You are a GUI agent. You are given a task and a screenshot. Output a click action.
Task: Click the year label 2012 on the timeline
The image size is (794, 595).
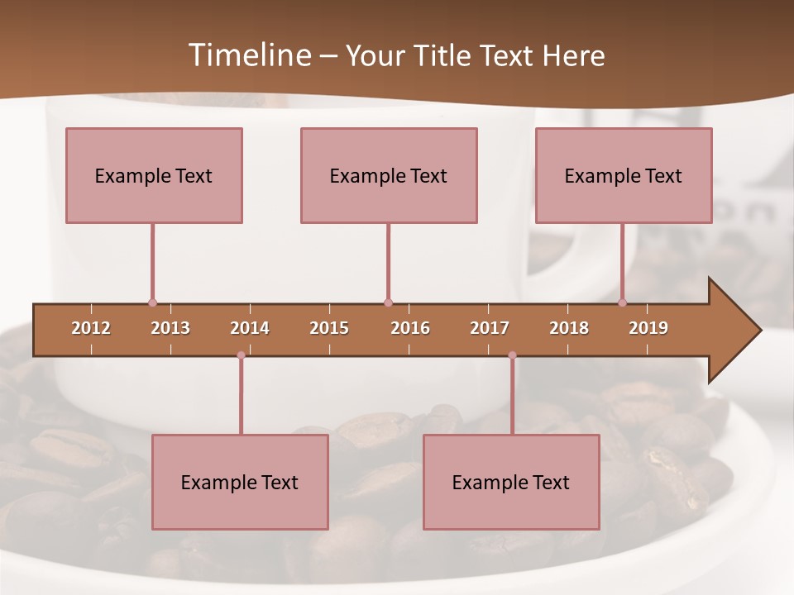[x=91, y=328]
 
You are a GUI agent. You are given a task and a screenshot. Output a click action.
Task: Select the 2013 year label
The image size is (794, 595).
[x=170, y=328]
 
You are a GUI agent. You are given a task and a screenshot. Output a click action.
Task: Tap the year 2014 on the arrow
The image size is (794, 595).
[x=250, y=328]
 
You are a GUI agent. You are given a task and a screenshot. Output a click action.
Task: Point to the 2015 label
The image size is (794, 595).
[x=329, y=328]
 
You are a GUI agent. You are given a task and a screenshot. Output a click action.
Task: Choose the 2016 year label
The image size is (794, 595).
[x=410, y=328]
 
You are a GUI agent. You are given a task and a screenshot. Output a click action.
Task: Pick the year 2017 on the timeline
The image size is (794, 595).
[x=490, y=328]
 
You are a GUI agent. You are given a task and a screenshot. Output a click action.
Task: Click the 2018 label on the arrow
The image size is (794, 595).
[x=569, y=328]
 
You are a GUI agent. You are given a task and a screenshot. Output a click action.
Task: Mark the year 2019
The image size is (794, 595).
[x=648, y=328]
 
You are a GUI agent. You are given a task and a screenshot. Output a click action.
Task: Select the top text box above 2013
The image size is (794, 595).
[x=154, y=175]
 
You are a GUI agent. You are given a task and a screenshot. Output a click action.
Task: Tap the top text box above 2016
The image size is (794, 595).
[x=389, y=175]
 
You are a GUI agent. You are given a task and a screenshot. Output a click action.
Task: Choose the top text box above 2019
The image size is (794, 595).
[x=624, y=175]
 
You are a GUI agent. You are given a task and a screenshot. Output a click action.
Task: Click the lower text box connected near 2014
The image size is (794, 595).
[x=240, y=482]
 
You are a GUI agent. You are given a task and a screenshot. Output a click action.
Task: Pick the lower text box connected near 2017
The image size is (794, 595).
[x=511, y=482]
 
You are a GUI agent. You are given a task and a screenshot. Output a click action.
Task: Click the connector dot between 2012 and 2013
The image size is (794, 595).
[x=152, y=302]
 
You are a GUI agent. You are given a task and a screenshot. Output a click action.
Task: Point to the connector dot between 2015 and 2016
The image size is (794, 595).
[x=388, y=302]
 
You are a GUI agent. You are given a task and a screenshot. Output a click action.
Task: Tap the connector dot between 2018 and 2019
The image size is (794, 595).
[x=623, y=302]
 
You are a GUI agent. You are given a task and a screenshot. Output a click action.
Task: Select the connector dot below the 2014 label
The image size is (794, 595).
[x=241, y=355]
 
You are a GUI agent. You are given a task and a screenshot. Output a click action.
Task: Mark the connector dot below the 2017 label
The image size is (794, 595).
[x=512, y=355]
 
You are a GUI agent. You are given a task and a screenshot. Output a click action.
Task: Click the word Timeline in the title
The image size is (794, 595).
[x=247, y=55]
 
